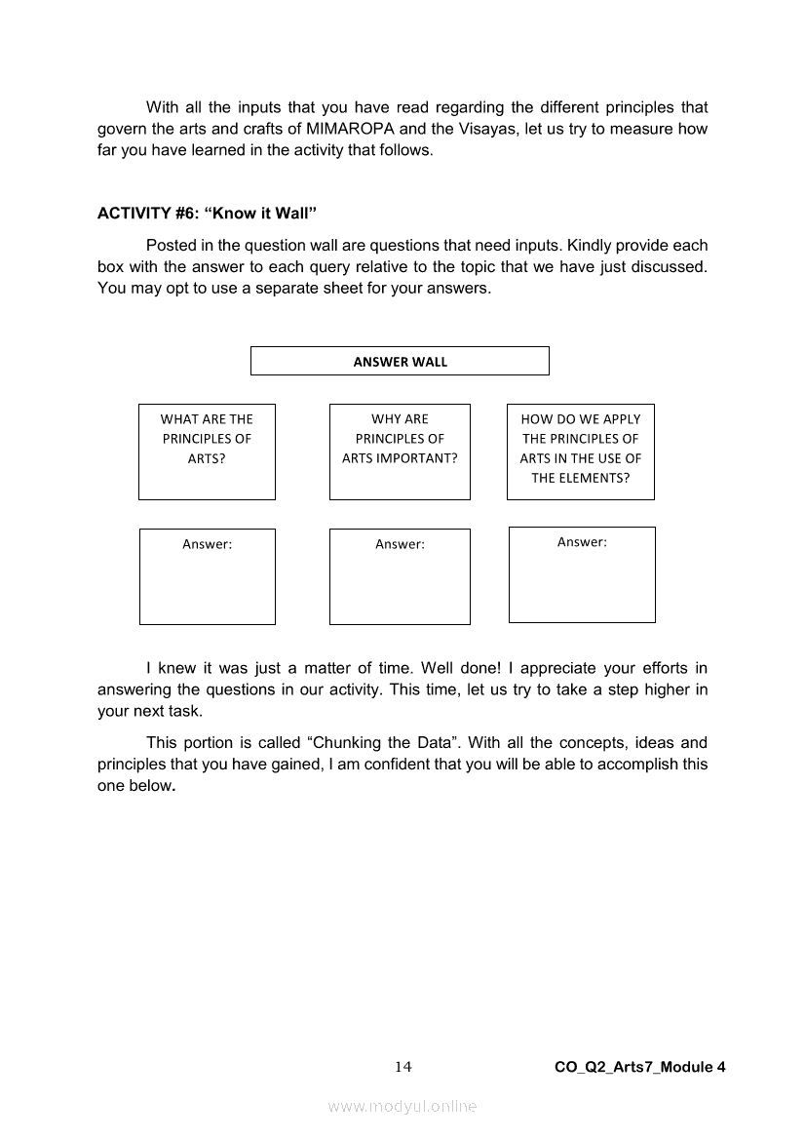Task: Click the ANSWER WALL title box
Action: pyautogui.click(x=400, y=361)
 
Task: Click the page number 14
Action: pyautogui.click(x=402, y=1067)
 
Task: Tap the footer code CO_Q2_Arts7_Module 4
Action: pyautogui.click(x=639, y=1067)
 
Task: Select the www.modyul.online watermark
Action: pyautogui.click(x=402, y=1107)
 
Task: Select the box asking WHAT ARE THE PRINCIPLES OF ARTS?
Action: pyautogui.click(x=207, y=451)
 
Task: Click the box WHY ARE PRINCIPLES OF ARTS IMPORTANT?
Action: pyautogui.click(x=400, y=451)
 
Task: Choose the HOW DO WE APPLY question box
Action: pyautogui.click(x=581, y=451)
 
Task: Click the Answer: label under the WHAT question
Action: pyautogui.click(x=207, y=544)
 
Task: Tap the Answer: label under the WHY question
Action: pyautogui.click(x=400, y=544)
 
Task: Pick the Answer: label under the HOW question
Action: pyautogui.click(x=582, y=542)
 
